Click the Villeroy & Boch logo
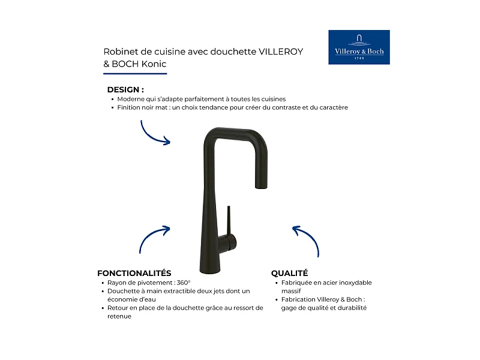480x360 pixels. click(x=359, y=47)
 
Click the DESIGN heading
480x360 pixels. click(x=125, y=89)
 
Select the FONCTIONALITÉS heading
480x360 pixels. click(x=134, y=273)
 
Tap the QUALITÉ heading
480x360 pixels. click(x=289, y=273)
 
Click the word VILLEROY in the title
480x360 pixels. click(x=281, y=52)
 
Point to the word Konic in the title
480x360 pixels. click(x=154, y=64)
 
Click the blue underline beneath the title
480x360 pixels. click(x=135, y=74)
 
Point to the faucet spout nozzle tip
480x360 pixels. click(x=261, y=187)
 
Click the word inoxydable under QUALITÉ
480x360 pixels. click(x=353, y=283)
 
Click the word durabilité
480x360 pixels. click(x=349, y=308)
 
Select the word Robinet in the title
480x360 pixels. click(x=118, y=52)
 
